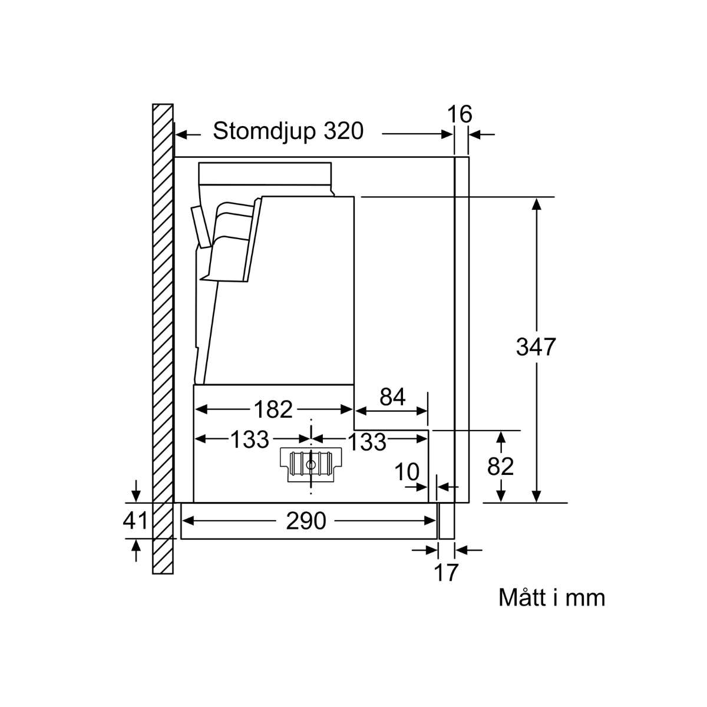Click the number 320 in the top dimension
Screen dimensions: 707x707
343,131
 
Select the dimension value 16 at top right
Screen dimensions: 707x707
460,114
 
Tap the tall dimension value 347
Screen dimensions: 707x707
536,347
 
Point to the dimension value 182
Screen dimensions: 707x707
273,409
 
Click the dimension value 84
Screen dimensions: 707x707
392,398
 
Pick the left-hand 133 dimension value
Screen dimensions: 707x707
249,440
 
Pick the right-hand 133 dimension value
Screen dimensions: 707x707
367,441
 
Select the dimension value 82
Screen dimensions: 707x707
501,467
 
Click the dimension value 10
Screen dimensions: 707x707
407,471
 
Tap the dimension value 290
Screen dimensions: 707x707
306,521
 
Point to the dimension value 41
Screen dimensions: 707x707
136,521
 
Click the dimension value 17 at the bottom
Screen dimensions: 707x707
446,572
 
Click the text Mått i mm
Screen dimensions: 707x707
551,597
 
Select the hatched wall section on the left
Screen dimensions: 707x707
163,339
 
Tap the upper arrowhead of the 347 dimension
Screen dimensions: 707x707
536,203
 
